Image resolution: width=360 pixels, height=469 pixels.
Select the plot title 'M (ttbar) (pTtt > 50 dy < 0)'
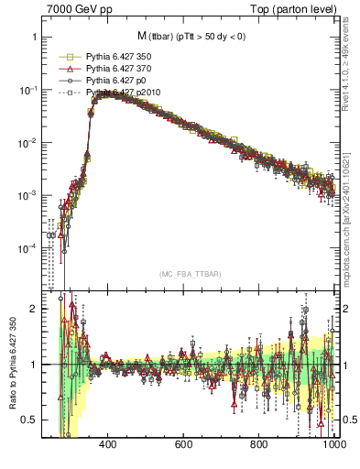tap(192, 36)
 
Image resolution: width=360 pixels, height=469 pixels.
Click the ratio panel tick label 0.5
tap(29, 420)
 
